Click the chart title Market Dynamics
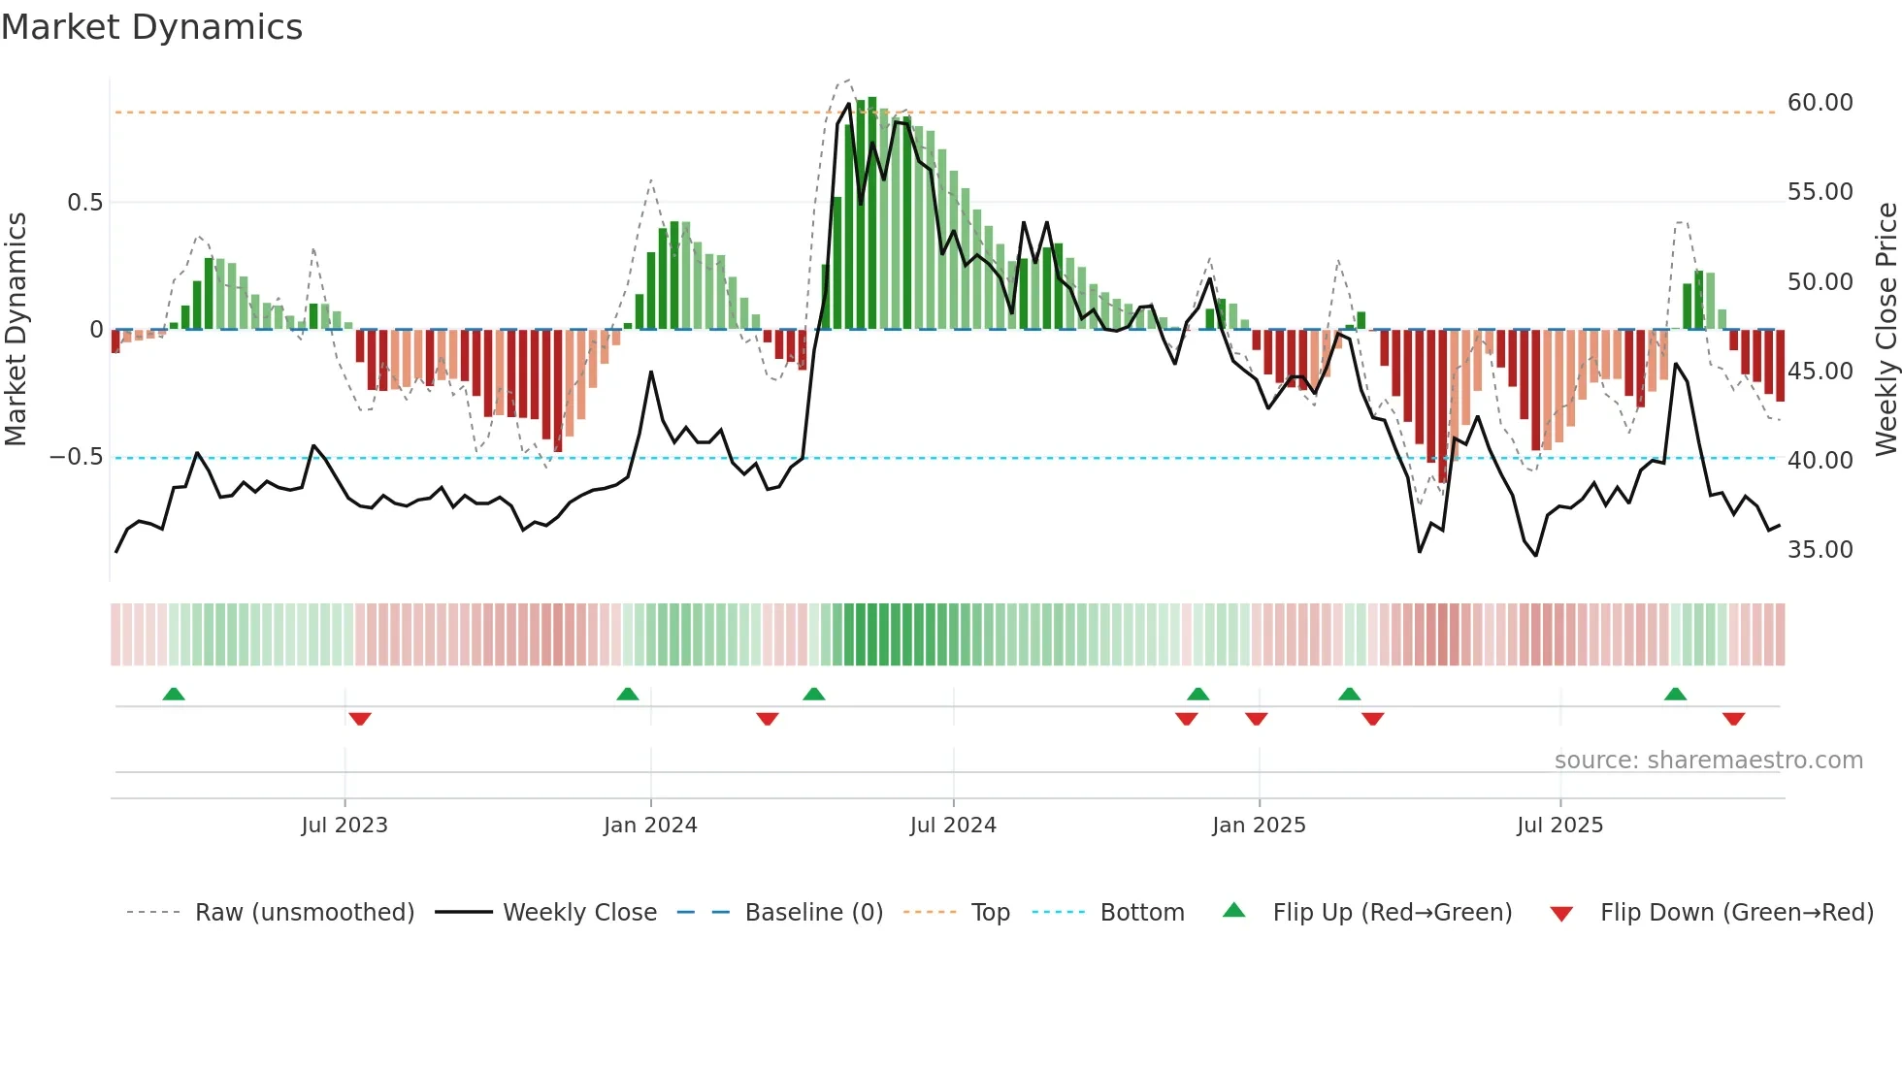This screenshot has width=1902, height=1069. coord(151,27)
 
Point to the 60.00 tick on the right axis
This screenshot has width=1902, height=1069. coord(1820,103)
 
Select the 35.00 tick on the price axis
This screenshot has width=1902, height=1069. coord(1820,550)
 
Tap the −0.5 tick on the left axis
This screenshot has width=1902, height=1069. coord(76,457)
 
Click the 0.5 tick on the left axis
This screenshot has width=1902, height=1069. coord(84,203)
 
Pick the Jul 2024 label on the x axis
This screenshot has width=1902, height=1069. coord(952,826)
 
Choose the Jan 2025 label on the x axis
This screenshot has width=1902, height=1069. coord(1258,826)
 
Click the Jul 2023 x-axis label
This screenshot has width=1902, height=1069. coord(344,826)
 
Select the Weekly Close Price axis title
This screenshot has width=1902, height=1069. coord(1886,329)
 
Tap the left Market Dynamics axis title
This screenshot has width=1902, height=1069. coord(16,329)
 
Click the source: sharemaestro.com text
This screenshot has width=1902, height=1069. coord(1708,761)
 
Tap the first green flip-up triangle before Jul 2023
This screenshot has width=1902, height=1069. coord(174,695)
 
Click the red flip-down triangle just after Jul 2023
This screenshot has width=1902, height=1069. coord(360,719)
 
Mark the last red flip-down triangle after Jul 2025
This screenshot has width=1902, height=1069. coord(1733,719)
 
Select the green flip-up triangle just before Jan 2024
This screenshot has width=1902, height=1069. coord(628,695)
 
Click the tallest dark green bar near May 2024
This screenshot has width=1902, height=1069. coord(871,213)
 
